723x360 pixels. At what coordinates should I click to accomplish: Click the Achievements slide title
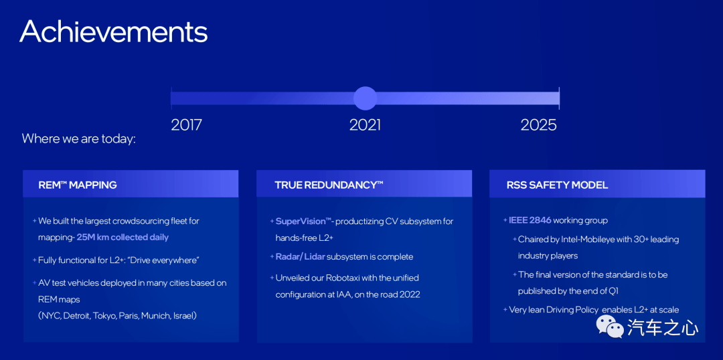pyautogui.click(x=113, y=31)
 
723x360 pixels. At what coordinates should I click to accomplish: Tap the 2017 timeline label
pyautogui.click(x=186, y=125)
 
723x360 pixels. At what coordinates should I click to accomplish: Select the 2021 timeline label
pyautogui.click(x=366, y=125)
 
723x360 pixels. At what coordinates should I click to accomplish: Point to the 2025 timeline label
pyautogui.click(x=538, y=125)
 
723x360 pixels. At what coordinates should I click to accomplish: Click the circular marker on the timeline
pyautogui.click(x=366, y=98)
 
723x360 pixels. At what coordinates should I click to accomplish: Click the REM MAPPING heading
pyautogui.click(x=78, y=185)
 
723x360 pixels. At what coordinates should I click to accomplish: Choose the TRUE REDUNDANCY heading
pyautogui.click(x=329, y=185)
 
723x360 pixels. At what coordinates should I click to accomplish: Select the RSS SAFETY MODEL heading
pyautogui.click(x=557, y=185)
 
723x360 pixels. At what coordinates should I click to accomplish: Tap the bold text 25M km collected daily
pyautogui.click(x=123, y=238)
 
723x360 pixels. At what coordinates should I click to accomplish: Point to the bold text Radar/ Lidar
pyautogui.click(x=300, y=257)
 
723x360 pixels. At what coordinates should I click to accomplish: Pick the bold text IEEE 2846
pyautogui.click(x=530, y=220)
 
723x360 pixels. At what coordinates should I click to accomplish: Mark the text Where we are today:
pyautogui.click(x=79, y=139)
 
